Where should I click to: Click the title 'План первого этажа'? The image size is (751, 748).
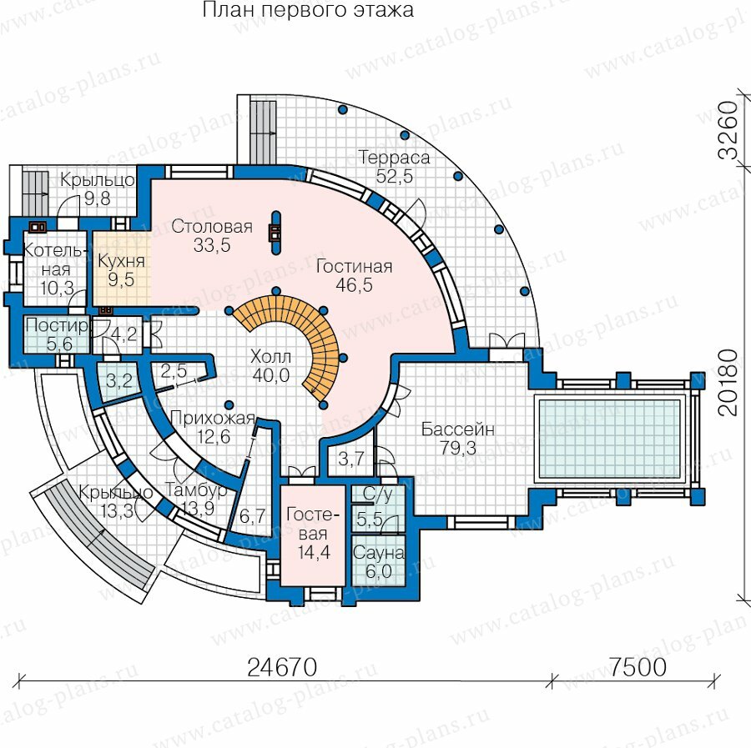[x=308, y=9]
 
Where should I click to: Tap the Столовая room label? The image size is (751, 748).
[x=212, y=226]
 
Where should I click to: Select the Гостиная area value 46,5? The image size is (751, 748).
[x=354, y=285]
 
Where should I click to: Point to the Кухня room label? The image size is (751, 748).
[x=121, y=261]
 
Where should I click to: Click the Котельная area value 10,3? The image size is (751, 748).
[x=57, y=288]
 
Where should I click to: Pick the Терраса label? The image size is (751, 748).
[x=394, y=158]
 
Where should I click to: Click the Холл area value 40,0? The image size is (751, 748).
[x=271, y=376]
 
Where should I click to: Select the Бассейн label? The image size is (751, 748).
[x=457, y=429]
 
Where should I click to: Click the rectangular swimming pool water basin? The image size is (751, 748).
[x=609, y=439]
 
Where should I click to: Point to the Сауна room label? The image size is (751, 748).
[x=378, y=553]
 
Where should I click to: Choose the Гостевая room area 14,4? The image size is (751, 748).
[x=314, y=552]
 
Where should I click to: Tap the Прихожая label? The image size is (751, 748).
[x=212, y=419]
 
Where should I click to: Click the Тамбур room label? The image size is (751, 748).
[x=196, y=490]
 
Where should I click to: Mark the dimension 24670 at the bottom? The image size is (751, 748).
[x=282, y=666]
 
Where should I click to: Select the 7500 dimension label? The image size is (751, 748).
[x=638, y=666]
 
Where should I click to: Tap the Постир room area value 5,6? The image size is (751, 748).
[x=59, y=344]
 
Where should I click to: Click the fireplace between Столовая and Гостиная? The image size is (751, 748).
[x=275, y=233]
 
